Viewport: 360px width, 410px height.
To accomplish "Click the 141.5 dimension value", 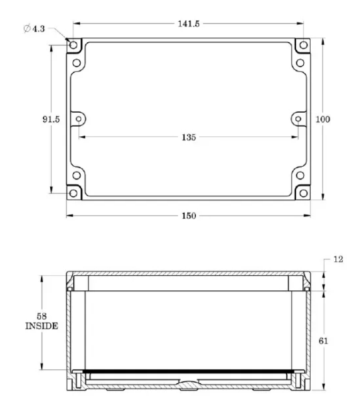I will coord(188,24).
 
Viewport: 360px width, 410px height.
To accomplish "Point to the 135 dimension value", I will coord(188,137).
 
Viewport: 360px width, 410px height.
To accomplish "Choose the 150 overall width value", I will coord(188,215).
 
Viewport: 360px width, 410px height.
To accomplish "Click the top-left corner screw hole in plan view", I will coord(73,45).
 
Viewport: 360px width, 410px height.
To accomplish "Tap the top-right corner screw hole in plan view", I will coord(303,45).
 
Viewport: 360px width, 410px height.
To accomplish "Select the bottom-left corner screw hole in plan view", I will coord(73,193).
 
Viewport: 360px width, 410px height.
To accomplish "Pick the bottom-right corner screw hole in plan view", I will coord(303,193).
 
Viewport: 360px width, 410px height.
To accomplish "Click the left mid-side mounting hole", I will coord(79,119).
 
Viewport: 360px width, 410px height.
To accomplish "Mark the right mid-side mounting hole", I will coord(297,119).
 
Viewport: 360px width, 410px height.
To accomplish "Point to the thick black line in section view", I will coord(188,370).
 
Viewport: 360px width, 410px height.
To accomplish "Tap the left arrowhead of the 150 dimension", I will coord(68,215).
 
